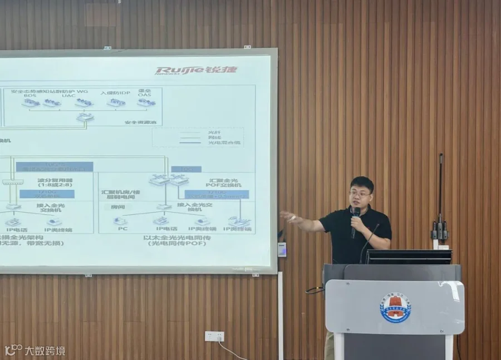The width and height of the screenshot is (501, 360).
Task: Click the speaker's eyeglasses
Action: coord(360,193)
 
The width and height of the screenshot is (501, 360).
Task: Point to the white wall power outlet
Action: coord(214,336)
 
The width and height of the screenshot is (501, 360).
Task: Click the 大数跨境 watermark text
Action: coord(44,351)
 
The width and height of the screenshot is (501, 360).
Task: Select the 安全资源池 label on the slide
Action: coord(141,121)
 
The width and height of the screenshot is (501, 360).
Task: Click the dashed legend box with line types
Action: coord(198,137)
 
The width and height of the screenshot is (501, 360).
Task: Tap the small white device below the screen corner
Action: coord(282,249)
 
